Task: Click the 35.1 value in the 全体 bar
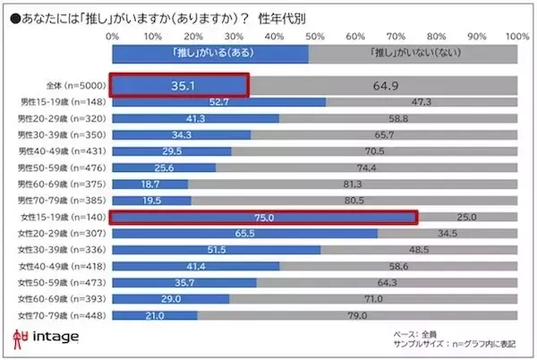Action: point(177,85)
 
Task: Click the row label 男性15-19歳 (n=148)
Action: point(64,102)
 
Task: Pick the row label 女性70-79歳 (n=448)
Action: point(64,315)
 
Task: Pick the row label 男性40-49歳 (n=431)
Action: point(64,151)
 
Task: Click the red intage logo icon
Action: point(21,339)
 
